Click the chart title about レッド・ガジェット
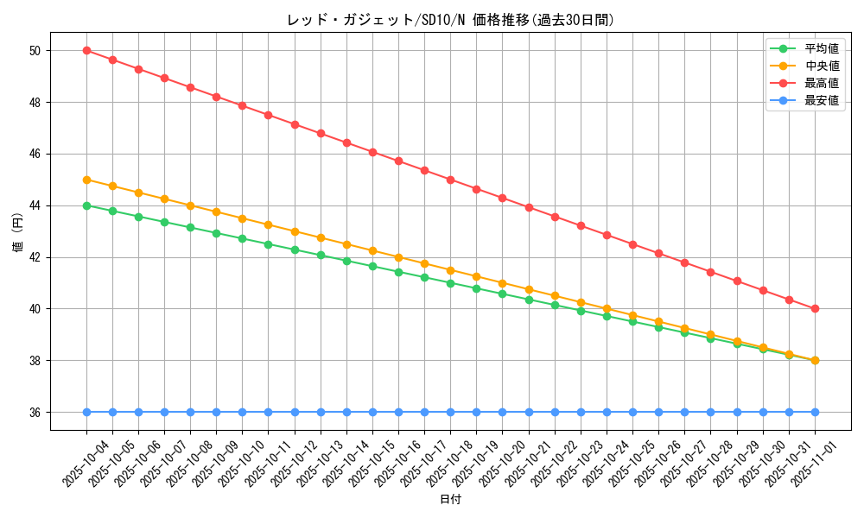(x=450, y=20)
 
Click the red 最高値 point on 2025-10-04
(x=86, y=50)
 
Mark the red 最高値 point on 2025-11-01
(x=815, y=308)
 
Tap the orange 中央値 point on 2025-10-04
(x=86, y=180)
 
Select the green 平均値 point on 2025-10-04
(x=86, y=205)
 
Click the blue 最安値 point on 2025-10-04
(x=86, y=412)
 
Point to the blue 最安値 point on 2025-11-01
(x=815, y=412)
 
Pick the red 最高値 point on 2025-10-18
(x=450, y=180)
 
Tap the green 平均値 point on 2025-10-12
(x=295, y=250)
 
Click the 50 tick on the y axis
(x=35, y=51)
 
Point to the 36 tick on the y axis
(x=35, y=413)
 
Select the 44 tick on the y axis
(x=35, y=205)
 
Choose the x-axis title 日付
(x=450, y=500)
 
